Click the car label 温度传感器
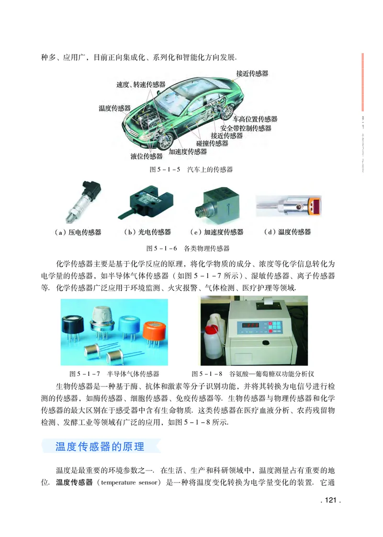[114, 109]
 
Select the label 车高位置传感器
[255, 119]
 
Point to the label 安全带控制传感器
[246, 128]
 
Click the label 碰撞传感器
[212, 143]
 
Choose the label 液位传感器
[146, 156]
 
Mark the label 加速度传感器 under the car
[188, 152]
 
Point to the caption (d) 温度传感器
[287, 232]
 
